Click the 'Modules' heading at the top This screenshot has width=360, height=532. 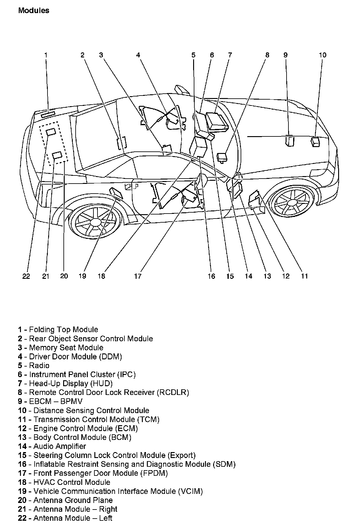click(34, 11)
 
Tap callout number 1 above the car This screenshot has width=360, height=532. click(46, 55)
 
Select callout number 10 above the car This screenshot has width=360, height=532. click(322, 55)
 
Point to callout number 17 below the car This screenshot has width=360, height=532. click(137, 276)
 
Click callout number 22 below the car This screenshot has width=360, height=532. click(26, 276)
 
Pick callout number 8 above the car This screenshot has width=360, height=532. click(267, 55)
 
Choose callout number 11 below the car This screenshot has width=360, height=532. click(304, 276)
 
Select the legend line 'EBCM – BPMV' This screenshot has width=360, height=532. click(56, 401)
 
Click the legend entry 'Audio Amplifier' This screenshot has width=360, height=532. click(59, 446)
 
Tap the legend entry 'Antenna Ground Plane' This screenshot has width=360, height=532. click(73, 500)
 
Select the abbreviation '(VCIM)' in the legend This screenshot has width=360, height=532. click(190, 491)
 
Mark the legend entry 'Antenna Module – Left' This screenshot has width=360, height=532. click(72, 518)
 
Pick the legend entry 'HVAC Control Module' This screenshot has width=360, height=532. click(72, 482)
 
